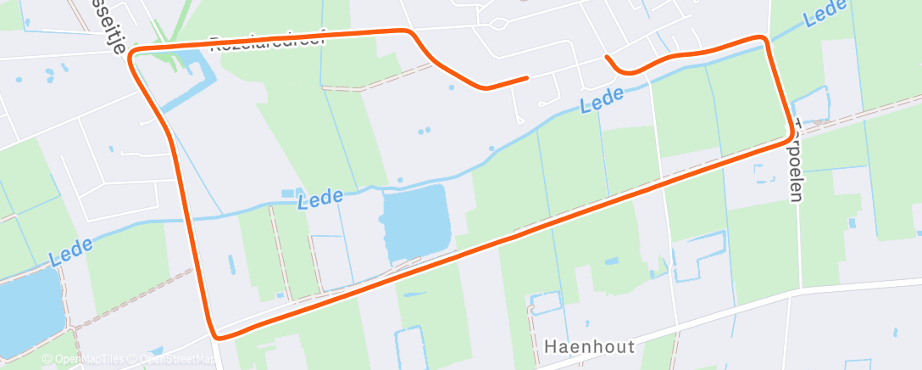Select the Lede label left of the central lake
pyautogui.click(x=320, y=198)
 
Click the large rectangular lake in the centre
pyautogui.click(x=414, y=222)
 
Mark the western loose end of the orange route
pyautogui.click(x=526, y=77)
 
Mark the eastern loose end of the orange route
pyautogui.click(x=607, y=57)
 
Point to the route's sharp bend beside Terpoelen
pyautogui.click(x=794, y=135)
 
